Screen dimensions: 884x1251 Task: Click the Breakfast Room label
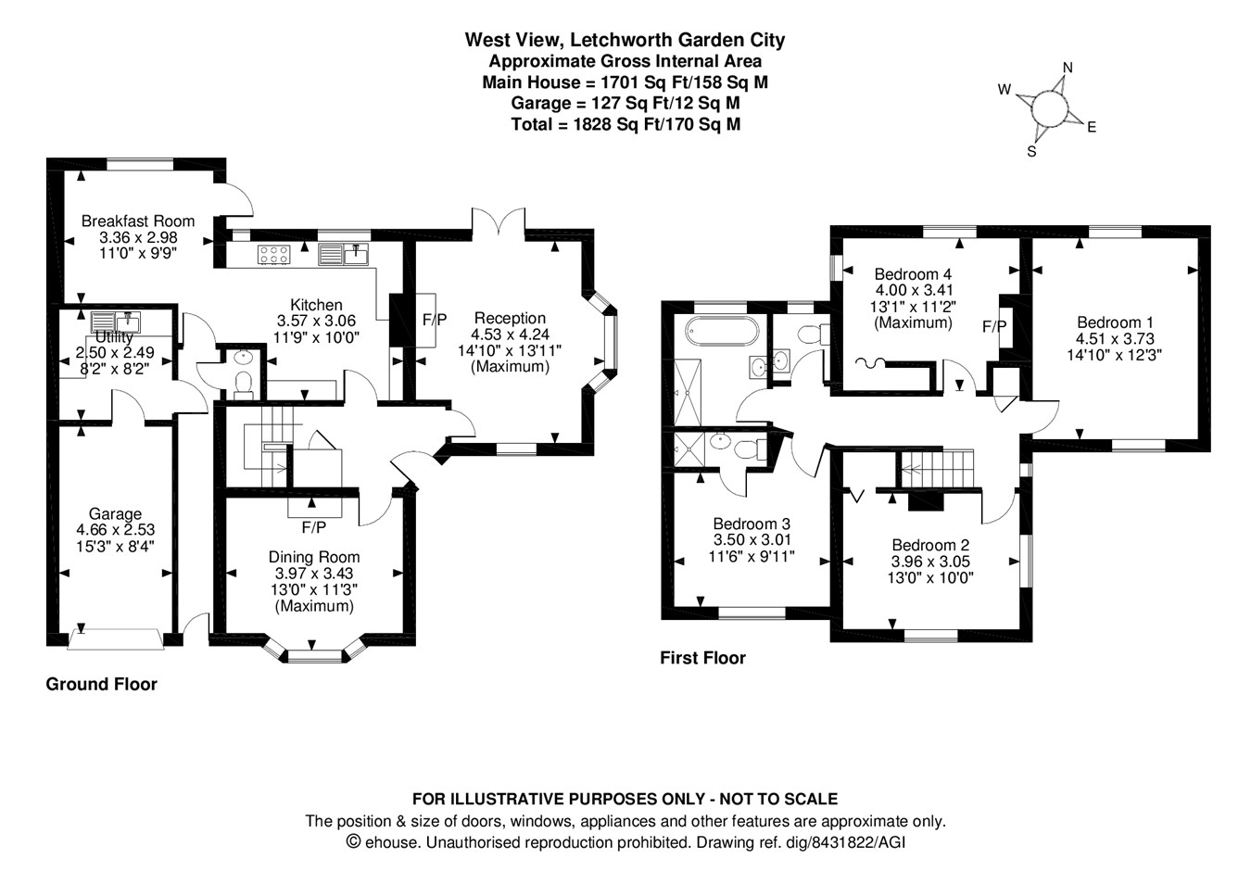pos(138,221)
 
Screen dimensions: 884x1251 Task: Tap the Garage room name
pos(115,513)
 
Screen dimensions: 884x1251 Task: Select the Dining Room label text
pos(314,557)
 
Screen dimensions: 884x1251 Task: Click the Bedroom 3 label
pos(752,524)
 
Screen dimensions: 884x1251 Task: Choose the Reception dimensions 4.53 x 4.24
pos(510,335)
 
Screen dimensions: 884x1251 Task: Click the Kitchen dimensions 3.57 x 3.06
pos(316,321)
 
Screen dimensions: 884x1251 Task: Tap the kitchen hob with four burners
pos(274,253)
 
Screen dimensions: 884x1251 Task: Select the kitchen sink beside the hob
pos(343,253)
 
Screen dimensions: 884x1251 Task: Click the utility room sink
pos(116,322)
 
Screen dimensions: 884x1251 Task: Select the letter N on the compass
pos(1068,68)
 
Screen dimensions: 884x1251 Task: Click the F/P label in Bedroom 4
pos(994,326)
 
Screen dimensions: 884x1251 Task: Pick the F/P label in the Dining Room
pos(314,527)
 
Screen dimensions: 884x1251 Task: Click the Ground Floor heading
pos(102,685)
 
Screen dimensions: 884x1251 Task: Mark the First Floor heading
pos(702,658)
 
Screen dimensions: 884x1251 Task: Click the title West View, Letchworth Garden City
pos(625,40)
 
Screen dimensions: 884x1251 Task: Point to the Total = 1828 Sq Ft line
pos(625,124)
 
